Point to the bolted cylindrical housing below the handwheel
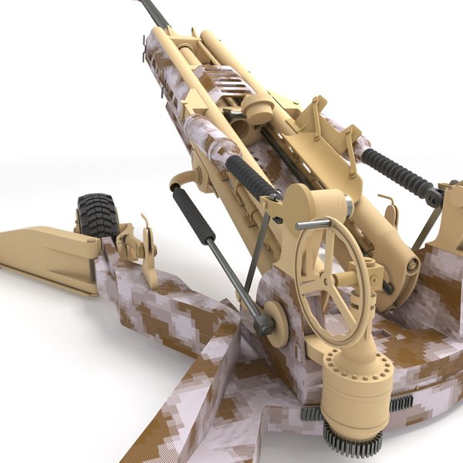tap(356, 386)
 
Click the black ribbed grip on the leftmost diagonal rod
tap(193, 217)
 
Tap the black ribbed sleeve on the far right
tap(398, 174)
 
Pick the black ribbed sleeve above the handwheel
tap(250, 177)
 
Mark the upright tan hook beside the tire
tap(147, 239)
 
